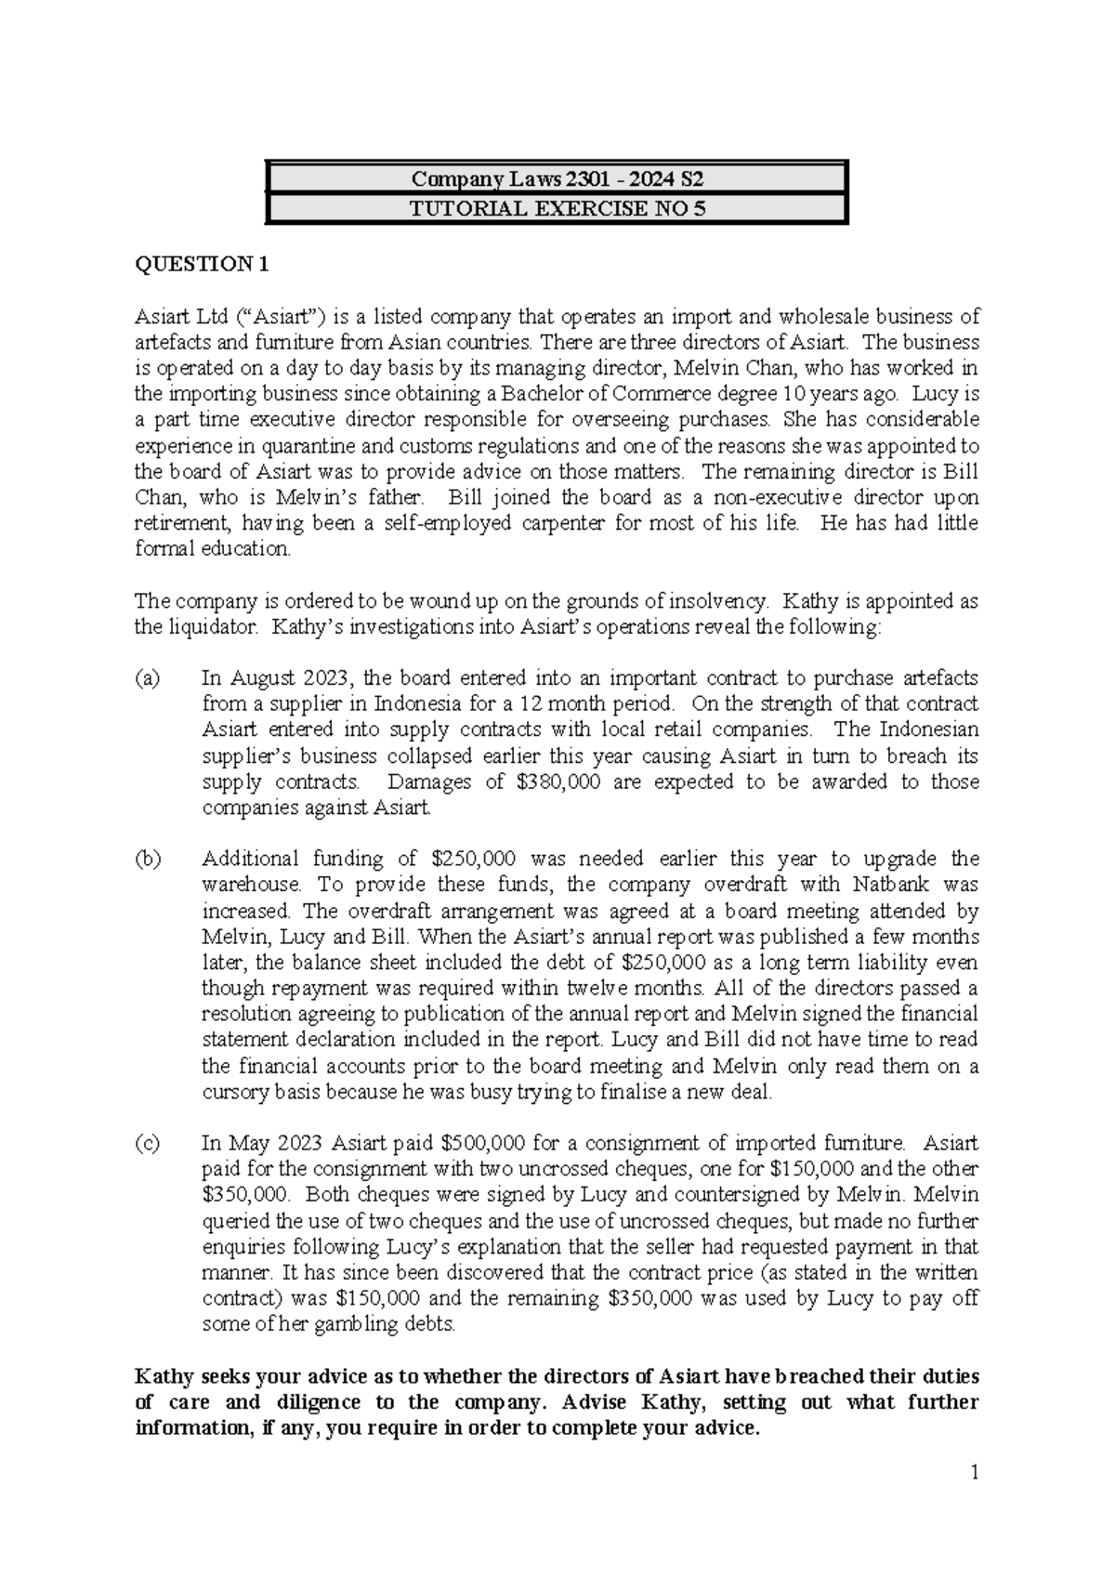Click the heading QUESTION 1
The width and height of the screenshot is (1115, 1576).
click(x=202, y=264)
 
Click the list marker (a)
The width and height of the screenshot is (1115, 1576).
click(x=148, y=678)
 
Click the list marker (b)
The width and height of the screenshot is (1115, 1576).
click(x=148, y=859)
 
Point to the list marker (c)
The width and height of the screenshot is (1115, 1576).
click(x=148, y=1143)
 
